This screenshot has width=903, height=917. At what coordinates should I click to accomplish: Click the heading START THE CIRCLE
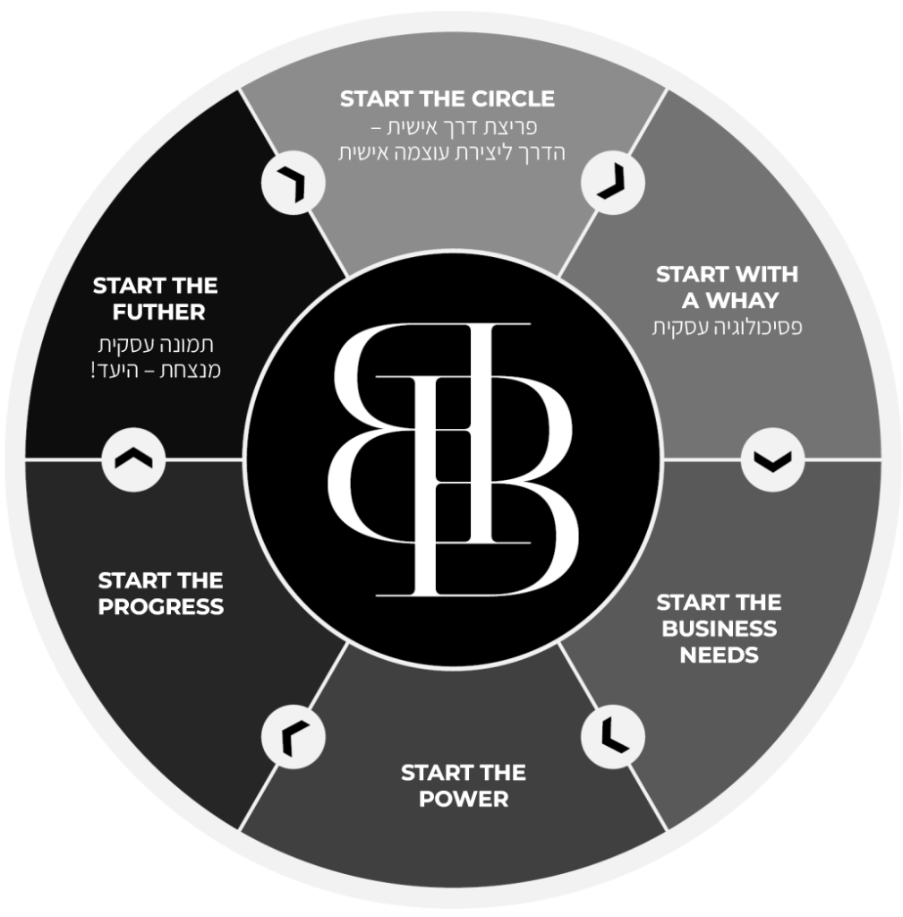point(447,99)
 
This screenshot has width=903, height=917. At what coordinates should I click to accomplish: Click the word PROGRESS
point(161,606)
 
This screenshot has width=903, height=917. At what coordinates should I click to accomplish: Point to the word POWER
point(463,798)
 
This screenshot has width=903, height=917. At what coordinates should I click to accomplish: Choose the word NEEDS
point(719,655)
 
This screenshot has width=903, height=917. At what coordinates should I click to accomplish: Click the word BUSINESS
point(719,628)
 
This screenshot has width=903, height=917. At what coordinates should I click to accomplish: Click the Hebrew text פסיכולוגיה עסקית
point(727,328)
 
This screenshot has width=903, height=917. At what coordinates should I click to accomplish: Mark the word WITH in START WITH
point(762,273)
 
